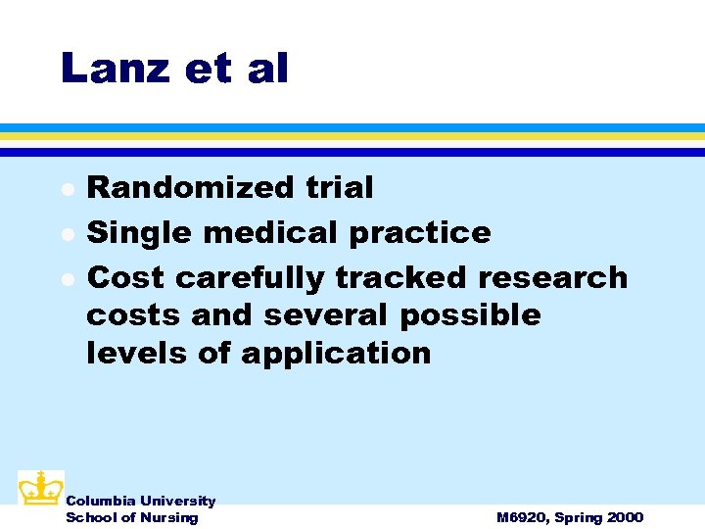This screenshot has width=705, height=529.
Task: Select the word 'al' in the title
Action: point(267,69)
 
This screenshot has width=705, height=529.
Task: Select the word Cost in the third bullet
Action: point(125,277)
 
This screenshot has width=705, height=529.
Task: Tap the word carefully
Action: point(250,278)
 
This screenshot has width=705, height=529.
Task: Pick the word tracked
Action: point(401,277)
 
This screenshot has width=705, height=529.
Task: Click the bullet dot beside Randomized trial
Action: point(66,188)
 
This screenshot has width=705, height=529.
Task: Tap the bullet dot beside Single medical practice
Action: point(66,233)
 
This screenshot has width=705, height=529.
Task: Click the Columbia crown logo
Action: point(40,488)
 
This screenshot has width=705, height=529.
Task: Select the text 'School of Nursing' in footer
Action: point(131,517)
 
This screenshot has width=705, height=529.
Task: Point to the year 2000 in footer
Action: point(625,517)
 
